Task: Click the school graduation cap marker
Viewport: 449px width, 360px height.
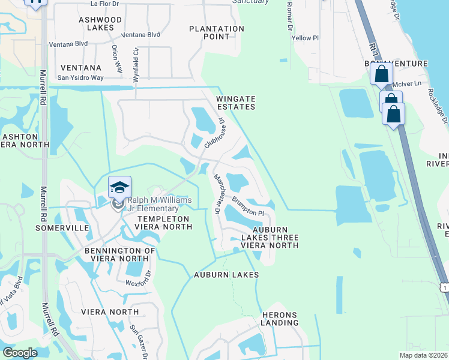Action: point(119,187)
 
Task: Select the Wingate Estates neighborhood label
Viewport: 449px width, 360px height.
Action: point(236,103)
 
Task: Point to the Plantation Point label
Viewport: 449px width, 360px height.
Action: point(217,32)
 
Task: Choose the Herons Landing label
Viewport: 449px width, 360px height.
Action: point(280,319)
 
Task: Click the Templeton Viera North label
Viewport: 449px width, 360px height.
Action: point(164,223)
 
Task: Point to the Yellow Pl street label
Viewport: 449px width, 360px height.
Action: point(301,38)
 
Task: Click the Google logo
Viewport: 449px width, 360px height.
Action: point(20,352)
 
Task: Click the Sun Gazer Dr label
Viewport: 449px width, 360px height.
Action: point(138,343)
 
